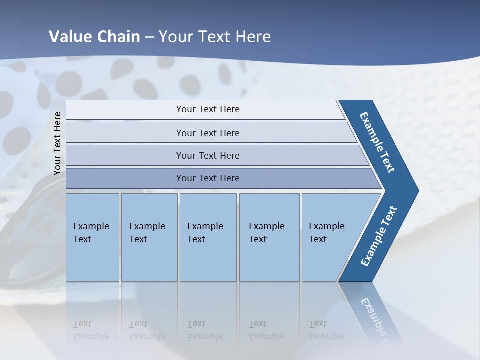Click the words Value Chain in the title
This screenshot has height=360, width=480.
94,36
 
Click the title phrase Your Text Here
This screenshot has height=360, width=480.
215,36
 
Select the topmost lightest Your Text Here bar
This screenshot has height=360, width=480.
207,109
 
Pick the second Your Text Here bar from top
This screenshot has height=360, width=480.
207,133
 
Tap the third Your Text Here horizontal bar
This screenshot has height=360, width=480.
207,155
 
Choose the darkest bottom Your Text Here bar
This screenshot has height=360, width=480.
207,178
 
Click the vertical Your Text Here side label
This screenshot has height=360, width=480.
57,143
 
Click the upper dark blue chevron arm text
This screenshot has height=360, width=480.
377,142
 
